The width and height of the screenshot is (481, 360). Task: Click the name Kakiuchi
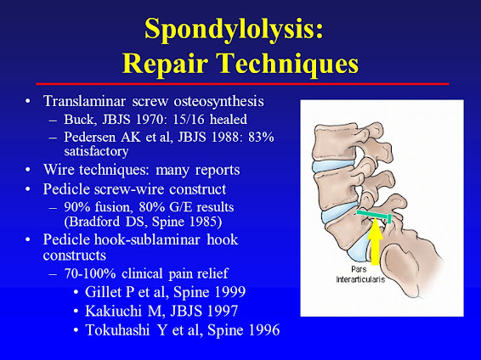tap(128, 312)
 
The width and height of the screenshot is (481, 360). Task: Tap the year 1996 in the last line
tap(260, 330)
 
